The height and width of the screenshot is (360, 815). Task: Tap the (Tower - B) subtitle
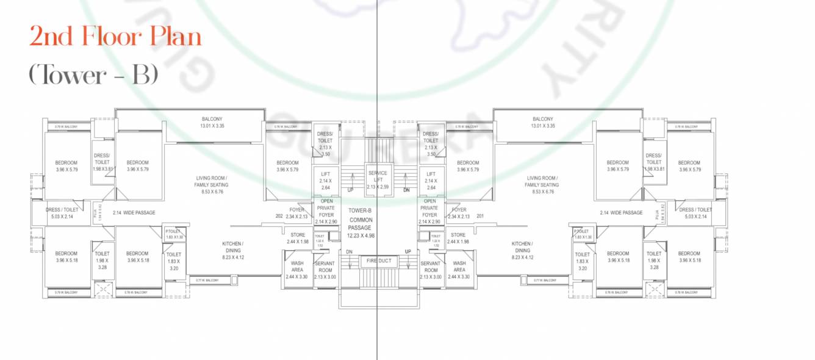point(93,75)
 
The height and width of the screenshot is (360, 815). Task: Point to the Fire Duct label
point(378,261)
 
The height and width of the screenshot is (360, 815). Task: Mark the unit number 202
point(279,216)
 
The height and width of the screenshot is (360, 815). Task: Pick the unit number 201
point(479,216)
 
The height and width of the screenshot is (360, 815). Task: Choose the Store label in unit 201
point(458,235)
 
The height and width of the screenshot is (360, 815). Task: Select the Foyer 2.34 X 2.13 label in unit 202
point(297,213)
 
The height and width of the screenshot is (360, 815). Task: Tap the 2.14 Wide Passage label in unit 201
point(621,212)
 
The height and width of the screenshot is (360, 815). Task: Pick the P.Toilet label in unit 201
point(581,231)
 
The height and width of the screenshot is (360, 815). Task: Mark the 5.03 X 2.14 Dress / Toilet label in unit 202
point(62,213)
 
